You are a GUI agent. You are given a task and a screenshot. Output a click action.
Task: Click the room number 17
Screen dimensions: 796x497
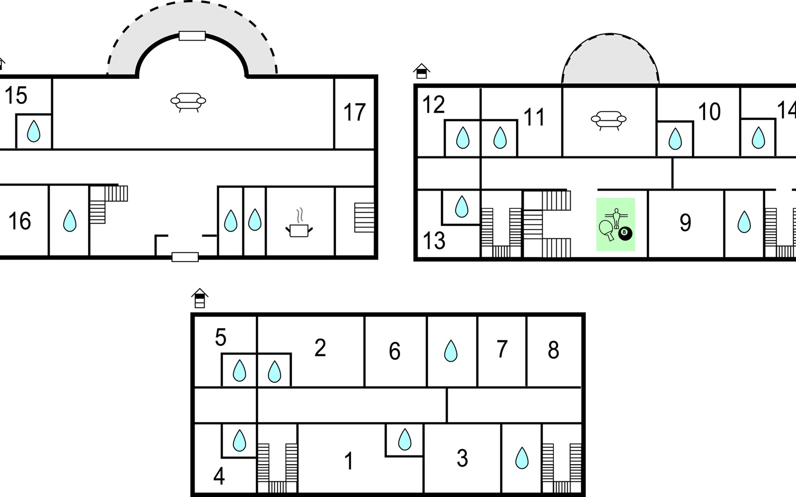(354, 112)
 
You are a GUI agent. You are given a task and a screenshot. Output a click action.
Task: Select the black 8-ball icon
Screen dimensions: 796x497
(625, 233)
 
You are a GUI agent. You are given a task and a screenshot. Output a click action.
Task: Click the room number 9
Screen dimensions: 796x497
(685, 223)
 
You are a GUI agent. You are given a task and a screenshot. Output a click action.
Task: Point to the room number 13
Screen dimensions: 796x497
(434, 241)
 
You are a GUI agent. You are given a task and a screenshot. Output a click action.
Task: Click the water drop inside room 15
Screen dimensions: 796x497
(34, 131)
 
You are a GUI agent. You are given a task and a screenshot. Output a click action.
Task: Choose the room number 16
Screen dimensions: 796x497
(19, 221)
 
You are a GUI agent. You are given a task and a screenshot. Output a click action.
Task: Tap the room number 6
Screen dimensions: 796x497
(395, 351)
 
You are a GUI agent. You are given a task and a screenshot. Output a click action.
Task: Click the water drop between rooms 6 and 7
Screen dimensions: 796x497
(451, 351)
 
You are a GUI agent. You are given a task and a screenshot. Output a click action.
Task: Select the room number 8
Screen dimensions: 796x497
(553, 350)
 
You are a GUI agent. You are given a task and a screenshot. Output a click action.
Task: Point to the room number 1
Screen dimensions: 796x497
(349, 461)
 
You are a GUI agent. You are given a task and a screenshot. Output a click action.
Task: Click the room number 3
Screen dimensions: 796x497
(462, 458)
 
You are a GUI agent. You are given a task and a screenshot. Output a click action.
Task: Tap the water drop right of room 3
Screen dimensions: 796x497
(522, 458)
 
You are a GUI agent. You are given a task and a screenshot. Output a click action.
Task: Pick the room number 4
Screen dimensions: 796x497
(219, 476)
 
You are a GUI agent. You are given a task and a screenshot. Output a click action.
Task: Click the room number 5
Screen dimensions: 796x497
(221, 338)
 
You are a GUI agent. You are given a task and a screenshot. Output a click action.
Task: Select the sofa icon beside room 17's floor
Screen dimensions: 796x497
(188, 102)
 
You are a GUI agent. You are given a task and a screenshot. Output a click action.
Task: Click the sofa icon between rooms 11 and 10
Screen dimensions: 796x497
(609, 121)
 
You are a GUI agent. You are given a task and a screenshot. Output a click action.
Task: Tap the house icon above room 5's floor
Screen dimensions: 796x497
(200, 298)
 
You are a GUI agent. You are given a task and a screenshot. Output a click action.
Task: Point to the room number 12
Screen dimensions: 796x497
(434, 104)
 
